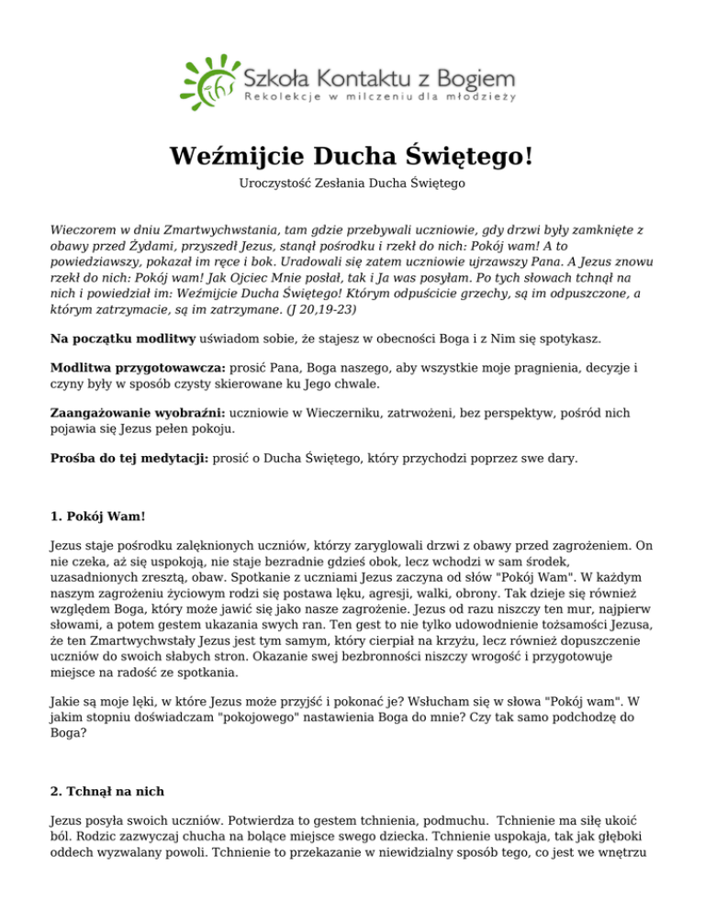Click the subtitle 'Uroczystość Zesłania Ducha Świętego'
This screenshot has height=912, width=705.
point(352,184)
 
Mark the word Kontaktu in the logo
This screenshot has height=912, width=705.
point(359,76)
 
